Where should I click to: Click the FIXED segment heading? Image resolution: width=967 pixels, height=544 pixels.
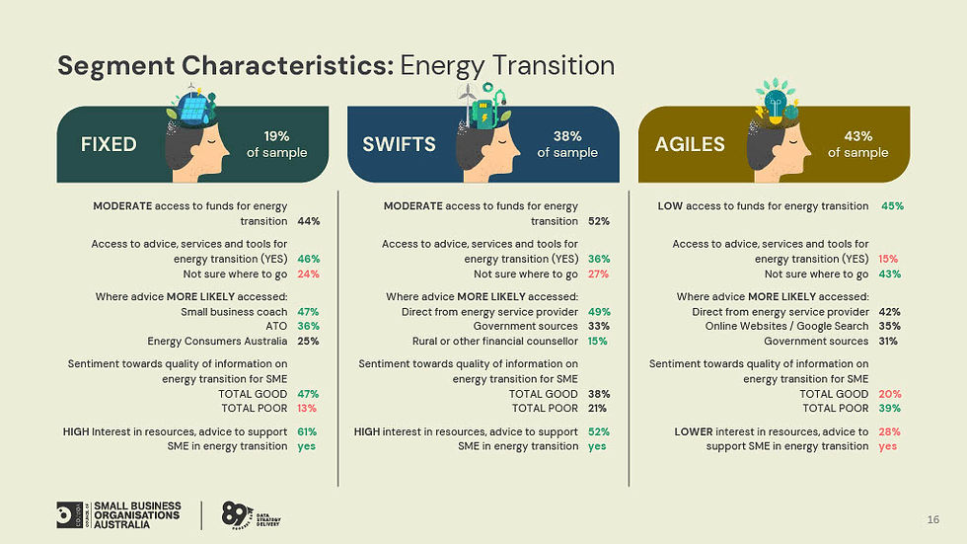(x=109, y=144)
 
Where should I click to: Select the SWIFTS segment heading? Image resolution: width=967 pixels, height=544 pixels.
(x=399, y=144)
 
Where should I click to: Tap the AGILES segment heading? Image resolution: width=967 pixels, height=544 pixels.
(x=689, y=144)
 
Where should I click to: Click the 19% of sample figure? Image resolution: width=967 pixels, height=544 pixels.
(x=276, y=144)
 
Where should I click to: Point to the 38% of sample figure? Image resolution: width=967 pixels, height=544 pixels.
(x=566, y=144)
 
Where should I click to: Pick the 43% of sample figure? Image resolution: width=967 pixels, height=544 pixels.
(x=856, y=144)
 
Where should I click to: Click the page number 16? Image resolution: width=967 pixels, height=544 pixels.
(x=932, y=520)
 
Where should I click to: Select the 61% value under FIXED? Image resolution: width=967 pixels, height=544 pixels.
(x=308, y=431)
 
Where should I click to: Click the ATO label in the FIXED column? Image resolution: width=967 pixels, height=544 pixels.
(x=276, y=326)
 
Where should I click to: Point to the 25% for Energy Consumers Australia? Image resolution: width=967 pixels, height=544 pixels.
(x=308, y=341)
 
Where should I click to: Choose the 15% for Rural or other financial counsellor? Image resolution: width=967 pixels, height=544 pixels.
(x=598, y=341)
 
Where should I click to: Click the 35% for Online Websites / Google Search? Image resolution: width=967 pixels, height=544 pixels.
(x=889, y=326)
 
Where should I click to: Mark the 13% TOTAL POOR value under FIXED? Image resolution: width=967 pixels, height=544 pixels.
(x=308, y=408)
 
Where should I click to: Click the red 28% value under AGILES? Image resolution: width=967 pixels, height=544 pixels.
(x=889, y=431)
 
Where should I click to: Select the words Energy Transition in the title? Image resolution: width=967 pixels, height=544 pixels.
(x=507, y=66)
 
